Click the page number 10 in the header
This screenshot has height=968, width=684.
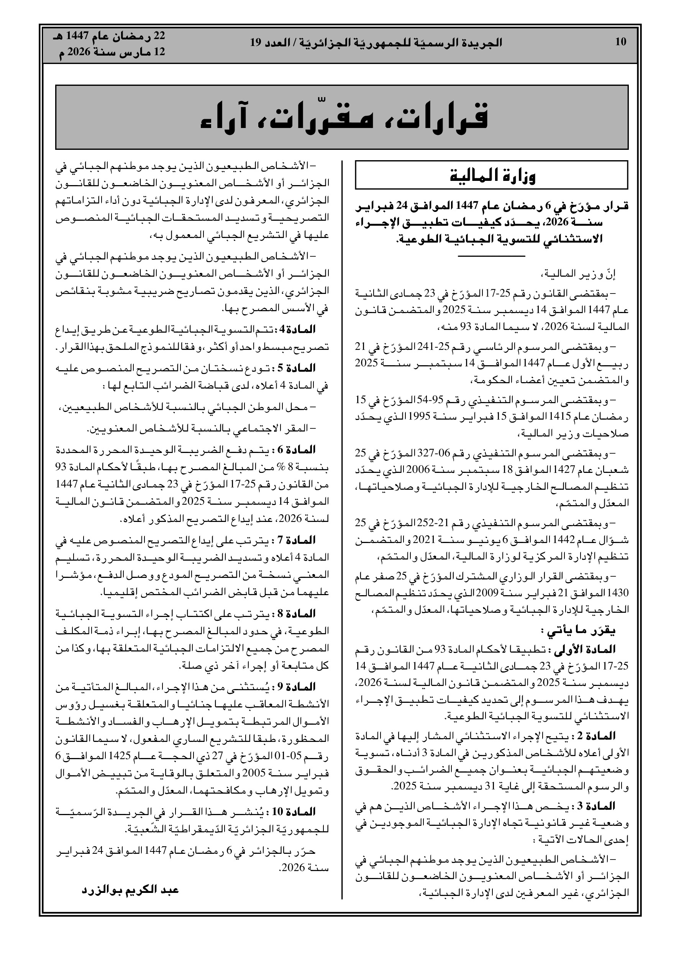pos(621,42)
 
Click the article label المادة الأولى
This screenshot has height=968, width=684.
pos(595,649)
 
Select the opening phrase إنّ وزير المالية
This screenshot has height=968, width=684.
pos(591,275)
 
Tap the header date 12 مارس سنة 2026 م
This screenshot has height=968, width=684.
pos(112,53)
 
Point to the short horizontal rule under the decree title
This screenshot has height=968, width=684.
pos(491,256)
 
